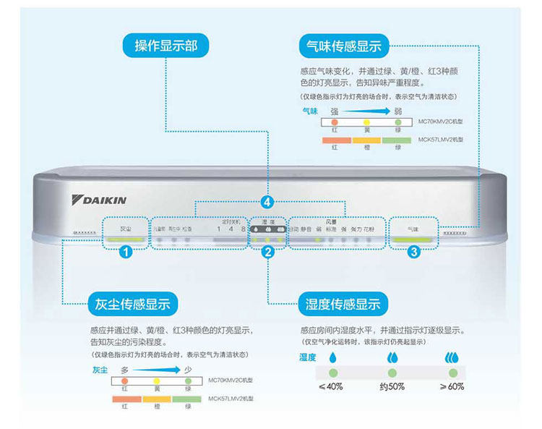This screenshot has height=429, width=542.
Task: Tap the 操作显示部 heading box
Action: tap(165, 46)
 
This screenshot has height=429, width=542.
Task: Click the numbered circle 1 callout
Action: tap(125, 252)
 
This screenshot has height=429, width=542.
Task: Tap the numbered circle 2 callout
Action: tap(268, 252)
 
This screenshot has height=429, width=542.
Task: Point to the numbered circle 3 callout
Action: tap(413, 252)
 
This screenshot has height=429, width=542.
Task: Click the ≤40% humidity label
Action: tap(331, 386)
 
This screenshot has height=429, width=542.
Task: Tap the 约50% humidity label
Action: tap(392, 386)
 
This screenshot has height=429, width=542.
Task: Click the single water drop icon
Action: tap(332, 357)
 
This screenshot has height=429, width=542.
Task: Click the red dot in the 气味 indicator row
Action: tap(335, 122)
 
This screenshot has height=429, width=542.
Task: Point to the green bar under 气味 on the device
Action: tap(413, 238)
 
